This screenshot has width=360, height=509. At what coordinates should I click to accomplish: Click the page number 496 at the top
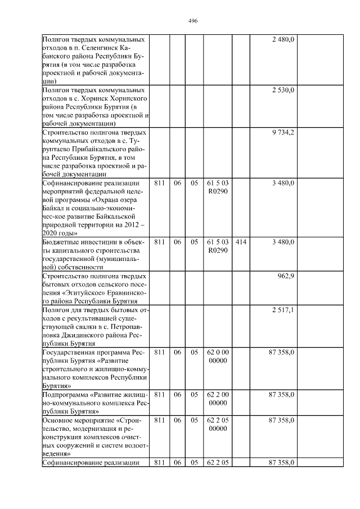[192, 21]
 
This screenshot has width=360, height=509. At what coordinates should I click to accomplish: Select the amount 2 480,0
[282, 39]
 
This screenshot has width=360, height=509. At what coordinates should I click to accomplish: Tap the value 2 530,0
[282, 90]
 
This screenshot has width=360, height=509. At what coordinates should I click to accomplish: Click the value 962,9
[286, 276]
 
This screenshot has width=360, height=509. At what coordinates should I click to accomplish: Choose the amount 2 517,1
[282, 310]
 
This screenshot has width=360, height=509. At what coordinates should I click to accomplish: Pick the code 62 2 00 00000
[218, 399]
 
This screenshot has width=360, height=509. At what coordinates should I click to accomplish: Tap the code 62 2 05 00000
[218, 424]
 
